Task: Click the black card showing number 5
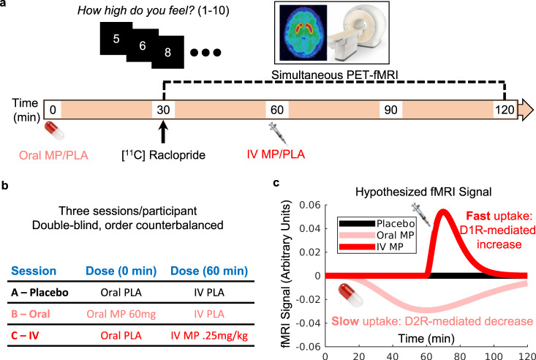pos(116,37)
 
